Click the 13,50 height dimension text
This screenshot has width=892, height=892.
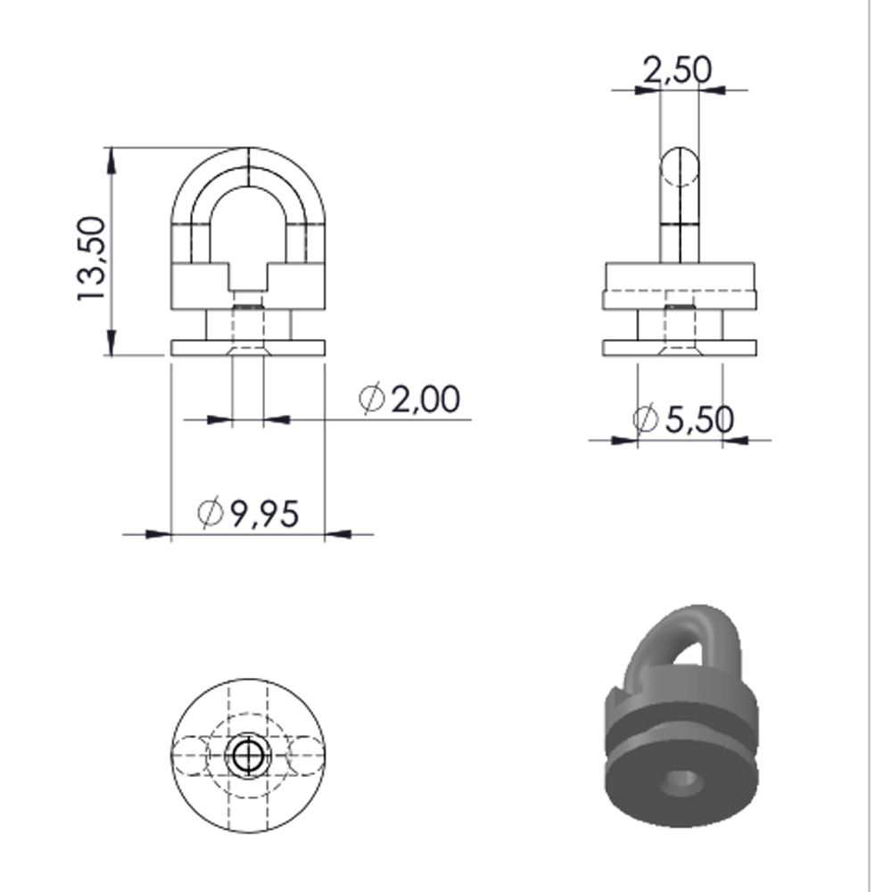coord(91,259)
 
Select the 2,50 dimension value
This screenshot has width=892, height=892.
coord(677,70)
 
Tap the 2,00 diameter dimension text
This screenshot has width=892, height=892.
coord(425,399)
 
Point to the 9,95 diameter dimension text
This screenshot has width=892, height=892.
coord(265,514)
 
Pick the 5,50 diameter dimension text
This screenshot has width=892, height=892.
coord(699,420)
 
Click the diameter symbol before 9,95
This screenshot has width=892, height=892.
coord(210,512)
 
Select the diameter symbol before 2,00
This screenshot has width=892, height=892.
coord(372,398)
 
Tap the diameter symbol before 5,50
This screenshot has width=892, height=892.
coord(646,418)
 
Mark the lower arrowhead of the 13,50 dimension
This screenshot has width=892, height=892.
coord(111,343)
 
